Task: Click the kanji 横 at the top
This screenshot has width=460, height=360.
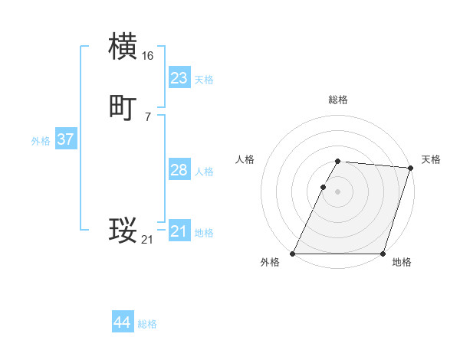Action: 123,47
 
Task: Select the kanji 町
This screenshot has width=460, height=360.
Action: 123,108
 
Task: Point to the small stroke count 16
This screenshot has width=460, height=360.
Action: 148,56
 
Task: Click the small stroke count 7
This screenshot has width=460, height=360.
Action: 148,117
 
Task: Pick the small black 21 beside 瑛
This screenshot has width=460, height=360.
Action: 148,240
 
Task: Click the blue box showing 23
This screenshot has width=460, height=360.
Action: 179,78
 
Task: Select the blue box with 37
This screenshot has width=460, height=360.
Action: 65,139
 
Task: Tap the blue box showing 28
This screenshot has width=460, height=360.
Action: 179,170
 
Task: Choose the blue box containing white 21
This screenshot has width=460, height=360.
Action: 179,231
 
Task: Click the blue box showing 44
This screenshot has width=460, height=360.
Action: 122,323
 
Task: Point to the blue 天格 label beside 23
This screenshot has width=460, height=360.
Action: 204,80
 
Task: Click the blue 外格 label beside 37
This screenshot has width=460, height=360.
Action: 41,141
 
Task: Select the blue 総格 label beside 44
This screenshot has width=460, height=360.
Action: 147,325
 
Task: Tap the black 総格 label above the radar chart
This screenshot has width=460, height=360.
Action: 338,100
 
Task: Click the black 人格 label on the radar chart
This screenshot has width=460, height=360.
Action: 245,159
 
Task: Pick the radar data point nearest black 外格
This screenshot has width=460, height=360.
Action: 293,254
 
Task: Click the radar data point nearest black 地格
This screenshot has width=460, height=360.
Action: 383,254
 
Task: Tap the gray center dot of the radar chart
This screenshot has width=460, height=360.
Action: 338,191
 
